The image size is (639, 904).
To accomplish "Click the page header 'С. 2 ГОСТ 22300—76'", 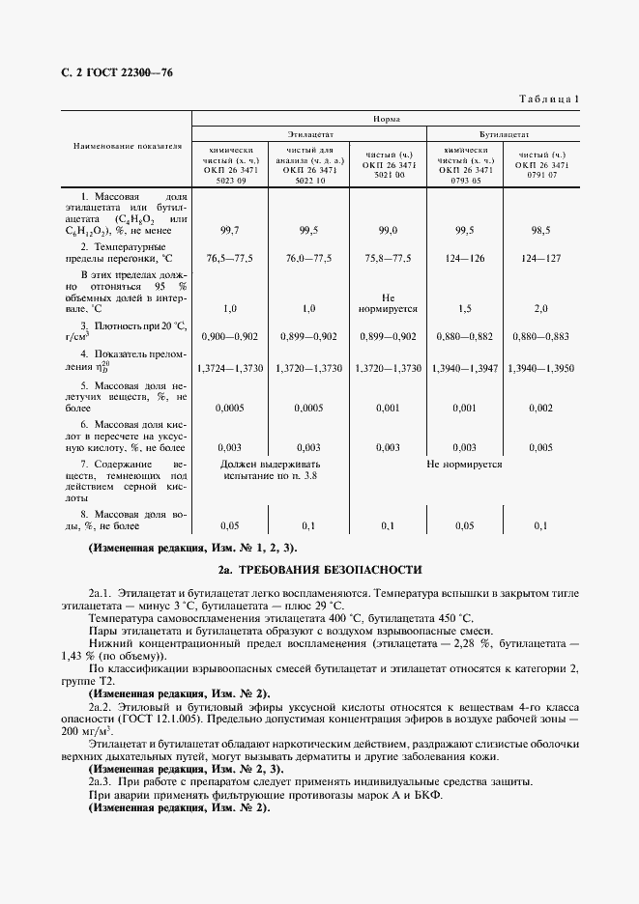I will (110, 73).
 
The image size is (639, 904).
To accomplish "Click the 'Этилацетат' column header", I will (308, 136).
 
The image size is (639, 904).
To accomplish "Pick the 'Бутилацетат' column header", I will (503, 136).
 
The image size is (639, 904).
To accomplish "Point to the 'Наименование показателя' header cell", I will (128, 147).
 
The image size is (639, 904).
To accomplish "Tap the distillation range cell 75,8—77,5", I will (389, 259).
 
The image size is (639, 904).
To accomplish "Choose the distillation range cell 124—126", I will (463, 259).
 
